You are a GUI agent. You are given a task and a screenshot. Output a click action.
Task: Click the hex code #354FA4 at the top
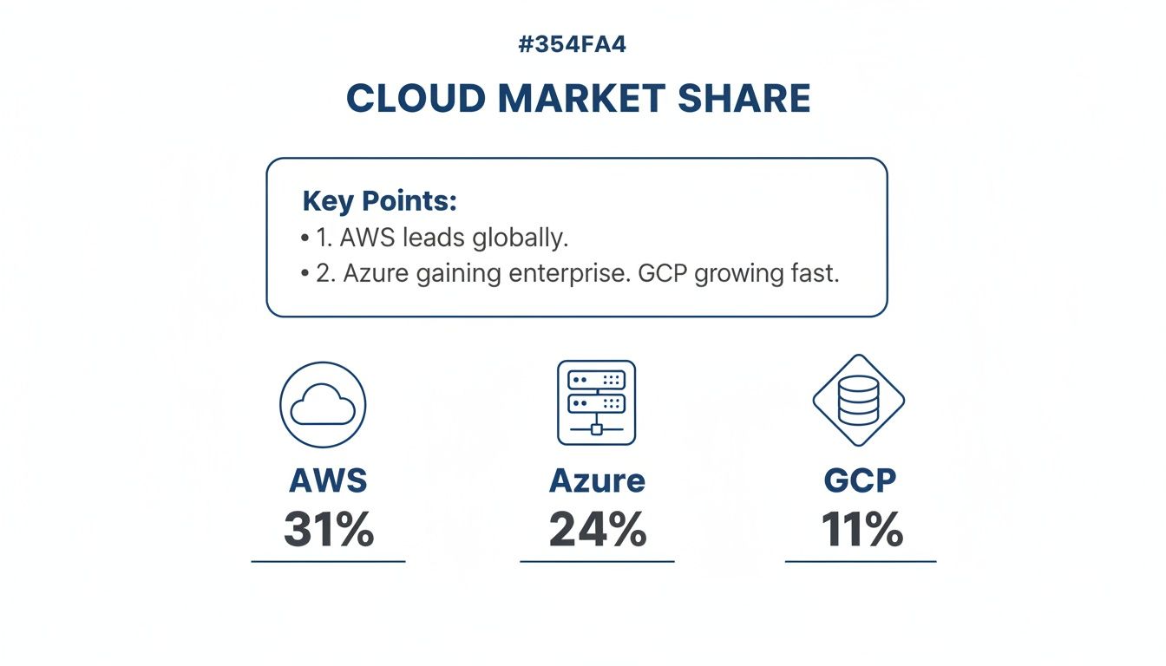pos(572,45)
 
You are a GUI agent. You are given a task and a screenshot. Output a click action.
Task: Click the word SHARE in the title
pos(743,99)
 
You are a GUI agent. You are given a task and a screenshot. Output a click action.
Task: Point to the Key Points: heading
pos(379,201)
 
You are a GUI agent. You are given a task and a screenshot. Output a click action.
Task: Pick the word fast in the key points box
pos(812,273)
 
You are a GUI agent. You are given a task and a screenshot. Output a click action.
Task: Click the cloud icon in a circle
pos(323,405)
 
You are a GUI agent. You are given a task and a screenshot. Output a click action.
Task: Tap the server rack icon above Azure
pos(596,403)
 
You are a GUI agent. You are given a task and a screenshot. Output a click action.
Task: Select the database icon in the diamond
pos(859,401)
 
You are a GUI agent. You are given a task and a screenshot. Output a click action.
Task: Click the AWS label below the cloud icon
pos(328,480)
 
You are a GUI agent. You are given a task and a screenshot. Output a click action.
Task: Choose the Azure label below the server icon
pos(597,480)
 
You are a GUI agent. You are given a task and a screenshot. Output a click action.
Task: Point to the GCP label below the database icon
pos(861,480)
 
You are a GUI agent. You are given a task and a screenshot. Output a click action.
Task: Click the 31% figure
pos(329,529)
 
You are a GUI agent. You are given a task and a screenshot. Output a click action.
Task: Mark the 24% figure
pos(598,529)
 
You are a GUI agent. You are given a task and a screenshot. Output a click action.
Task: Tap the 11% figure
pos(861,529)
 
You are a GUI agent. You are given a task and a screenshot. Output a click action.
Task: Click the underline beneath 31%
pos(328,562)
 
